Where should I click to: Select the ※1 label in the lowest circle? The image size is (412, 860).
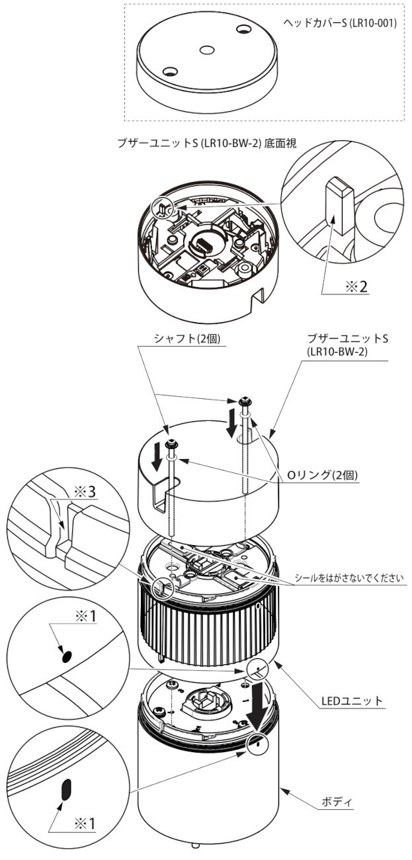(84, 823)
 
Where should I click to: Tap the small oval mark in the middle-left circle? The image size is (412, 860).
(66, 656)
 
